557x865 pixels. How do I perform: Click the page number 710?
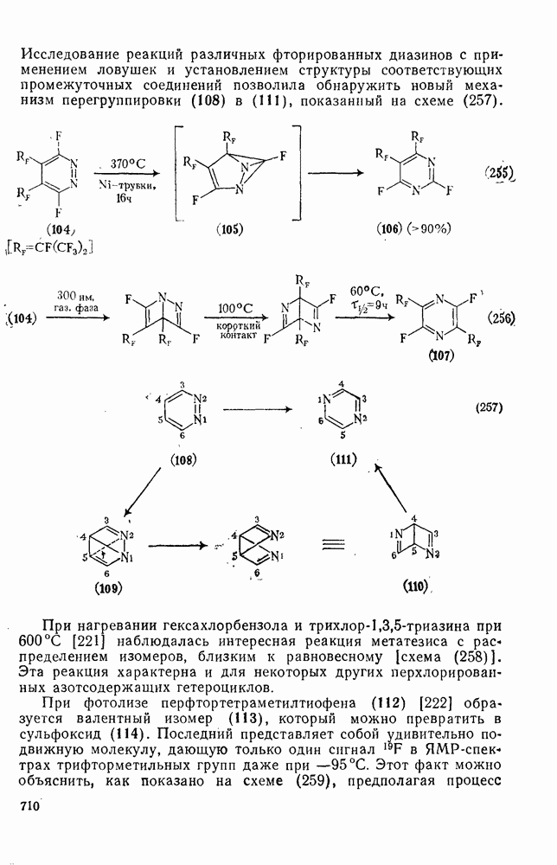click(x=30, y=806)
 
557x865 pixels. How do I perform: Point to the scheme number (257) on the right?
click(x=489, y=409)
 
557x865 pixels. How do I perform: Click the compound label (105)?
click(x=229, y=229)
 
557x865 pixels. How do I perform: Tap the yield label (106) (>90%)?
click(x=413, y=229)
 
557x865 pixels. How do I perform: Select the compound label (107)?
click(x=441, y=356)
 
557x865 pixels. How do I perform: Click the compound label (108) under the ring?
click(x=183, y=459)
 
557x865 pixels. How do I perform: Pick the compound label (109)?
click(x=108, y=588)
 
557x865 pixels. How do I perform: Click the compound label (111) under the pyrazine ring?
click(x=343, y=459)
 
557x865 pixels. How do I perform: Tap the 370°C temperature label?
click(x=128, y=163)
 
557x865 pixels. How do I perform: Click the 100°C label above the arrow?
click(x=235, y=308)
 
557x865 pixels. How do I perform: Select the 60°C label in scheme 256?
click(x=362, y=291)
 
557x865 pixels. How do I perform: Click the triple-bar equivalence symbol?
click(x=333, y=545)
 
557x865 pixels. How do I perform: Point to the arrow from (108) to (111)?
click(x=257, y=409)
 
